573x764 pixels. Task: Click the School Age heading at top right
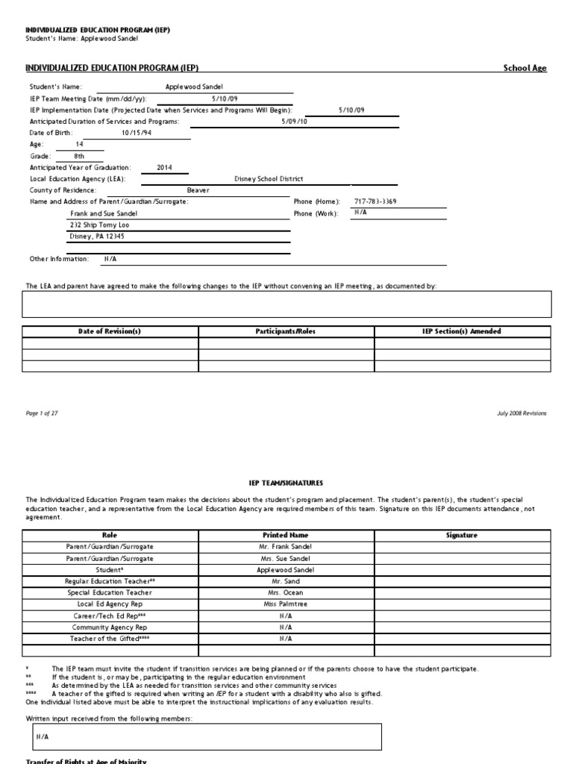[525, 69]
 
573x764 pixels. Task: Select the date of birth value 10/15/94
[136, 133]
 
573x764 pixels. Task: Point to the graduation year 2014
[164, 168]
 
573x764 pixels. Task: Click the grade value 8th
[81, 157]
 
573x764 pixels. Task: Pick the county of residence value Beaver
[198, 190]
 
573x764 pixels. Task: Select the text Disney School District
[269, 179]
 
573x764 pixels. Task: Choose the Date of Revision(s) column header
[110, 331]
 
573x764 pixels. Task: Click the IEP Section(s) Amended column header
[463, 331]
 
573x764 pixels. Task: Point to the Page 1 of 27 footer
[42, 413]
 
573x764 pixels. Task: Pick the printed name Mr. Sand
[286, 580]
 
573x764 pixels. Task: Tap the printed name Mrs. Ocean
[286, 592]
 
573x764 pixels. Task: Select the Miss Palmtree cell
[286, 604]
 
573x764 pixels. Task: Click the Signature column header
[463, 535]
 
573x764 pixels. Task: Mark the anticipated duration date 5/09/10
[294, 122]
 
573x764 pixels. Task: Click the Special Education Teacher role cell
[110, 592]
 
